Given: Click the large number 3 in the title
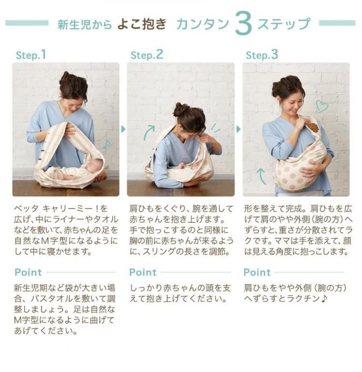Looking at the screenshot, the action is (243, 24).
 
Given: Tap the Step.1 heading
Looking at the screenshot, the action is (30, 55).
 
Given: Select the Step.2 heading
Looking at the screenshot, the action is (147, 55).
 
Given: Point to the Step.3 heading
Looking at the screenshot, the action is (262, 55).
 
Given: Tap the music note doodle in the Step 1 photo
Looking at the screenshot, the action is (107, 144).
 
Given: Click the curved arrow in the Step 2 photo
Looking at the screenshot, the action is (149, 132).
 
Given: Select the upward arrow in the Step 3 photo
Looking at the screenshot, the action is (261, 176).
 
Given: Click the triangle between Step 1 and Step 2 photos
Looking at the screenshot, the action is (123, 129).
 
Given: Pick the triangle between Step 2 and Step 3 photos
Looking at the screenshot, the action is (238, 129).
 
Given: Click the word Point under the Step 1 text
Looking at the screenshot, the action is (28, 272).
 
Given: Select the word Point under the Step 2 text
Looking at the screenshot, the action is (143, 272).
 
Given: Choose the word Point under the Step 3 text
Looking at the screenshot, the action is (257, 272).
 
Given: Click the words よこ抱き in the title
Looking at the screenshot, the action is (142, 24).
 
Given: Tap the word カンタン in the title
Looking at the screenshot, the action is (203, 24).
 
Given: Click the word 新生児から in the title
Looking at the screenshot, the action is (85, 25).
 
